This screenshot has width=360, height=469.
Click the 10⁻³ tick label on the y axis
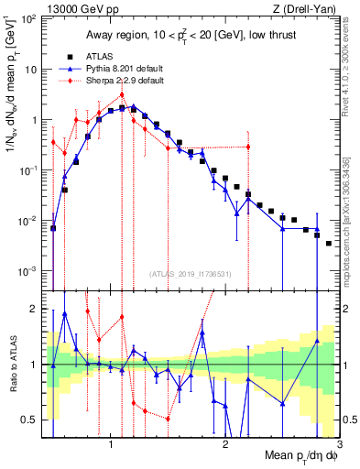[x=29, y=271]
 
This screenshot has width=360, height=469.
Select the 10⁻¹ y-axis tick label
[x=29, y=170]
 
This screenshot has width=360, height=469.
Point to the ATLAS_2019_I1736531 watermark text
[x=191, y=273]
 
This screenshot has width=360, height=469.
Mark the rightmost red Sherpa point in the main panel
[x=248, y=147]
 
